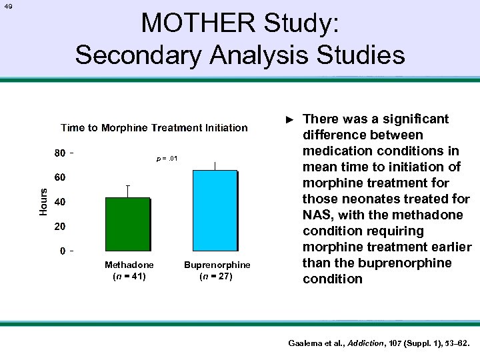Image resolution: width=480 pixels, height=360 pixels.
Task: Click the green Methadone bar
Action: (127, 223)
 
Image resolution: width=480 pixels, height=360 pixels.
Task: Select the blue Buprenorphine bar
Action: (215, 210)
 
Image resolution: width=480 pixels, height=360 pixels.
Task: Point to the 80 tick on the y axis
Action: (59, 153)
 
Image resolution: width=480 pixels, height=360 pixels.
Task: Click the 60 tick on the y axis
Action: (59, 178)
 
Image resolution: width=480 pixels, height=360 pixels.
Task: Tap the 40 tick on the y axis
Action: (59, 202)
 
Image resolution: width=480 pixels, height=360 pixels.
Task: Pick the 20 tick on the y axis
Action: (59, 227)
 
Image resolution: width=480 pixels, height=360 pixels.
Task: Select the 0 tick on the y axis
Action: (62, 251)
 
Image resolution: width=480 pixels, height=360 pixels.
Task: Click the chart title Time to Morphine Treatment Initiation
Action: (154, 127)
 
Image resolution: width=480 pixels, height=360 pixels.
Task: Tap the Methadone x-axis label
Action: (129, 265)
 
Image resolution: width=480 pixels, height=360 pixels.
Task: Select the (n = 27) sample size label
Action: (217, 276)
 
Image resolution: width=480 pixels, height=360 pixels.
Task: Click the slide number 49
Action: (7, 7)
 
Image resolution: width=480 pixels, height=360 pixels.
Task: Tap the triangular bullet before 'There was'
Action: (289, 119)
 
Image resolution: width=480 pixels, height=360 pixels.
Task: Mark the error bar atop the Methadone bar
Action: (127, 191)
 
